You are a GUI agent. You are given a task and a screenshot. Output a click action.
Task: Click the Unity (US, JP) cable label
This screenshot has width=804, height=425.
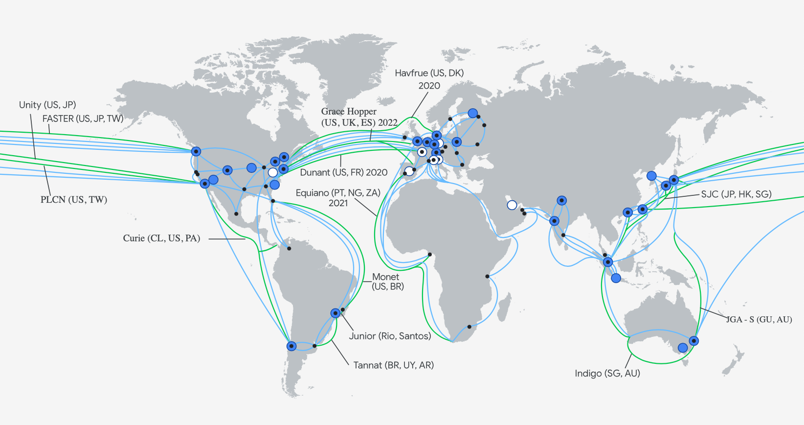pyautogui.click(x=47, y=105)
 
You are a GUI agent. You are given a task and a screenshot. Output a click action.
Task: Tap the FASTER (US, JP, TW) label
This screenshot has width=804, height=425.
pyautogui.click(x=83, y=118)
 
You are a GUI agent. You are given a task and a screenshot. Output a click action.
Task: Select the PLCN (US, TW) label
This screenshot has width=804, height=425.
pyautogui.click(x=74, y=199)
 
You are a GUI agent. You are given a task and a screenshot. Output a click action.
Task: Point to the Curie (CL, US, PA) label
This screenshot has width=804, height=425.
pyautogui.click(x=161, y=238)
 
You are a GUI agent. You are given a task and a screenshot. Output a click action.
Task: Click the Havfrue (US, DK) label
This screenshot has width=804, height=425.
pyautogui.click(x=429, y=73)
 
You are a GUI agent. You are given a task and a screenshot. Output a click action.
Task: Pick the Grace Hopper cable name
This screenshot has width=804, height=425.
pyautogui.click(x=349, y=112)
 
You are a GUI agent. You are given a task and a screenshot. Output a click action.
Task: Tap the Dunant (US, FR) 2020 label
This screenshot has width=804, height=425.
pyautogui.click(x=344, y=172)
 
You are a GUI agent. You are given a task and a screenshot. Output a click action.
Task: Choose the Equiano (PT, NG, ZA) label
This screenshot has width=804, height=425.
pyautogui.click(x=338, y=193)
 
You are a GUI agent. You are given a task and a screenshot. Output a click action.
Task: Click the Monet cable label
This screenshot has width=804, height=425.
pyautogui.click(x=385, y=277)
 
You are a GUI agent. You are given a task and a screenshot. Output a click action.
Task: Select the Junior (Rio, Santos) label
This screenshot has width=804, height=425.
pyautogui.click(x=390, y=336)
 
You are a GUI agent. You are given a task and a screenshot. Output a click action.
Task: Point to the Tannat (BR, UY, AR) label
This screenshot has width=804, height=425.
pyautogui.click(x=394, y=365)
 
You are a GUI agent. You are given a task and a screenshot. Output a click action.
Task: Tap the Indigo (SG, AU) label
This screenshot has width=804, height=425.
pyautogui.click(x=607, y=373)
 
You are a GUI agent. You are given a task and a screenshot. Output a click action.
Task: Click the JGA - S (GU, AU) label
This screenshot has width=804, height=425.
pyautogui.click(x=759, y=319)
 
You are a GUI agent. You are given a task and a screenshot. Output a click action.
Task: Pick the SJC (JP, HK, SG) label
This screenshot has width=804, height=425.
pyautogui.click(x=736, y=194)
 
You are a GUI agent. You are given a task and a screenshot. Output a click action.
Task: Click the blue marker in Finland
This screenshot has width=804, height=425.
pyautogui.click(x=472, y=113)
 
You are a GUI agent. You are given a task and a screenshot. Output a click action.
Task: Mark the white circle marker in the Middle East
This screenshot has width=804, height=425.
pyautogui.click(x=512, y=205)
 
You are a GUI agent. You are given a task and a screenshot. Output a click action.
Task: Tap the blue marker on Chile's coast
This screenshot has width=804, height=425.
pyautogui.click(x=291, y=346)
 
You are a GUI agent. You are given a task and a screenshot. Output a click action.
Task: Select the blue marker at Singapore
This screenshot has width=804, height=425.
pyautogui.click(x=608, y=262)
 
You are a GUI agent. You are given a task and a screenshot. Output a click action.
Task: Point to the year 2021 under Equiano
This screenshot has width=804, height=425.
pyautogui.click(x=338, y=203)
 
